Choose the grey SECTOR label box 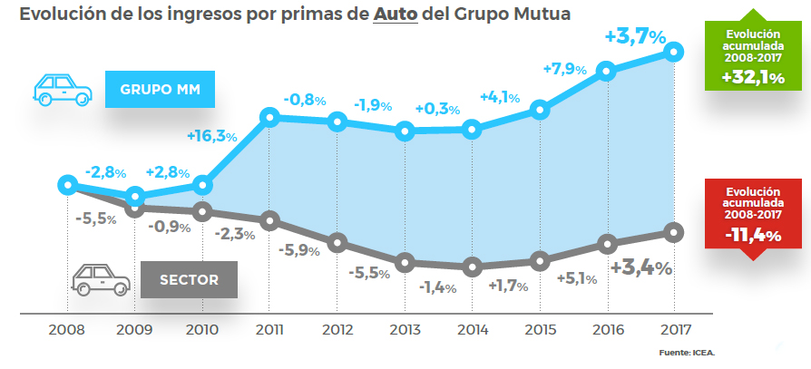pyautogui.click(x=189, y=279)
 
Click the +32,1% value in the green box pyautogui.click(x=753, y=78)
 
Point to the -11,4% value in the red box pyautogui.click(x=753, y=236)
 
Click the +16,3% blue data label pyautogui.click(x=212, y=136)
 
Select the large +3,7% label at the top pyautogui.click(x=635, y=37)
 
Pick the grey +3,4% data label pyautogui.click(x=640, y=268)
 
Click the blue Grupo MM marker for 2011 pyautogui.click(x=269, y=117)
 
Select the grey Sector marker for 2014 pyautogui.click(x=471, y=267)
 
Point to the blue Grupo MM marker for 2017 pyautogui.click(x=673, y=52)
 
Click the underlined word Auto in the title pyautogui.click(x=396, y=16)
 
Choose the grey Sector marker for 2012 pyautogui.click(x=337, y=242)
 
